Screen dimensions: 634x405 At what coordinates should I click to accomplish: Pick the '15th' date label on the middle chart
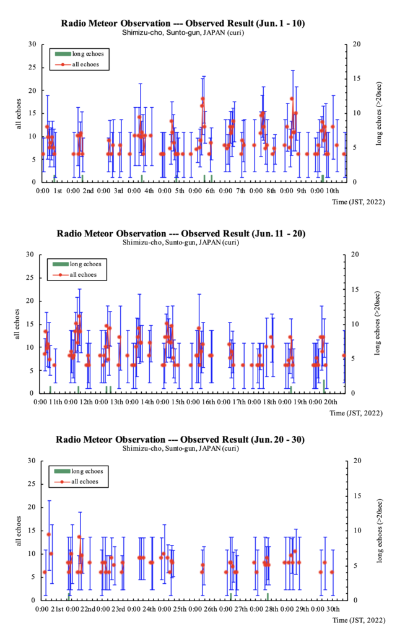pos(177,403)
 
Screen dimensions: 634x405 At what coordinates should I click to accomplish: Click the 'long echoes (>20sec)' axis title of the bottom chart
pos(377,530)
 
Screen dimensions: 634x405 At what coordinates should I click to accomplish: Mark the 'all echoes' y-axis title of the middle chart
pos(19,323)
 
